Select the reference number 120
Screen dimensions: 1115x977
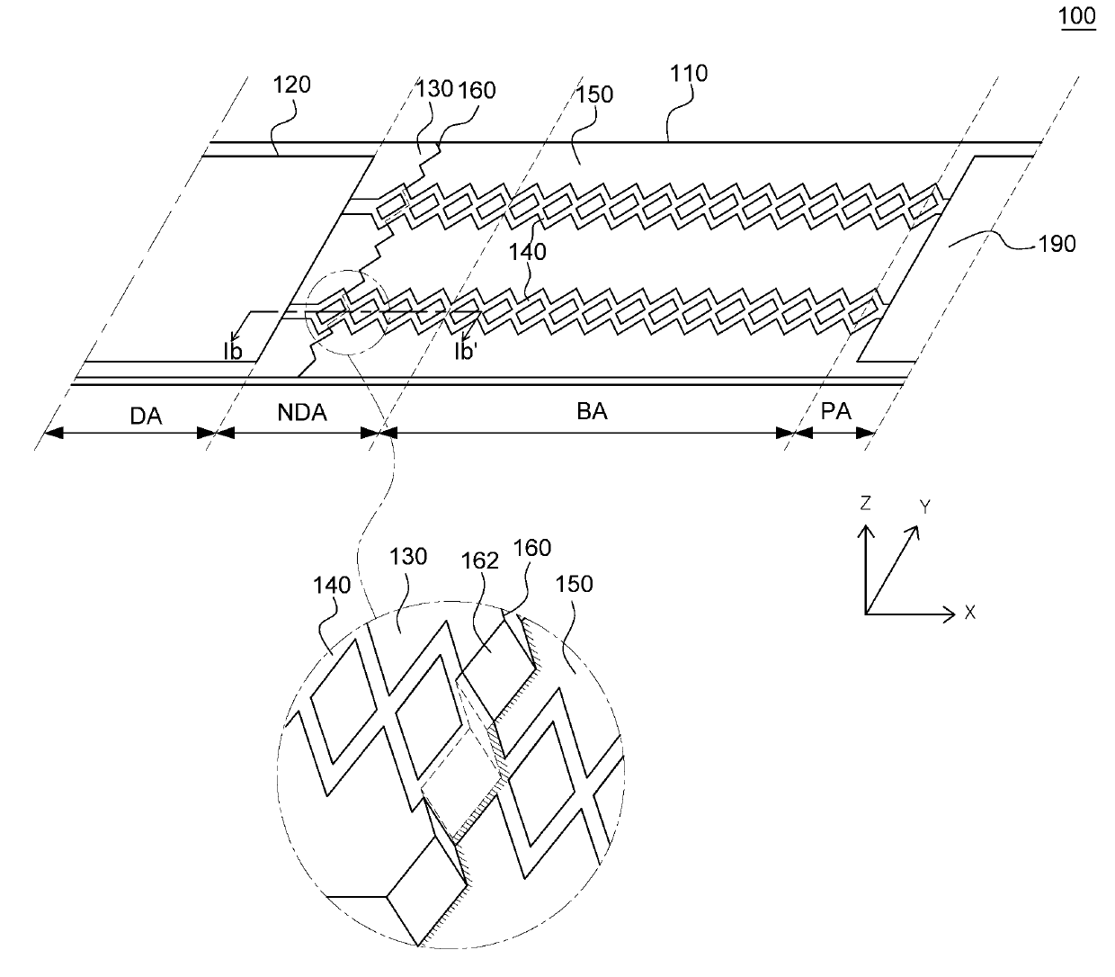(x=292, y=85)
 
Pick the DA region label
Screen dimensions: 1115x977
(x=146, y=414)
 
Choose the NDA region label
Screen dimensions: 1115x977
(x=302, y=413)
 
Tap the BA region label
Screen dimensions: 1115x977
(x=592, y=411)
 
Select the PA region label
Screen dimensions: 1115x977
(x=836, y=412)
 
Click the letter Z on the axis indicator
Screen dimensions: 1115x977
(x=865, y=504)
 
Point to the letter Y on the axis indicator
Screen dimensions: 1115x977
(x=923, y=507)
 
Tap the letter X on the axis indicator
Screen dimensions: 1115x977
(x=970, y=613)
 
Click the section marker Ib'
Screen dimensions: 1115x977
(x=464, y=351)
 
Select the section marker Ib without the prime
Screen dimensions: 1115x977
(x=234, y=351)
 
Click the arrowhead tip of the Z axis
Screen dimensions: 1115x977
(x=865, y=525)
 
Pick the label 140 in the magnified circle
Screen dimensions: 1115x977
(x=331, y=585)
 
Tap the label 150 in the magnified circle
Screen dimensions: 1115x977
(x=575, y=584)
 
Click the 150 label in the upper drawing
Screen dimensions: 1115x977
(x=595, y=95)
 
